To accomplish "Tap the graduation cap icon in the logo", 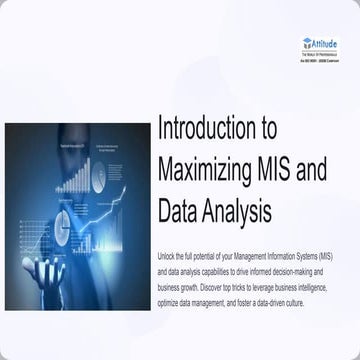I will pos(306,43).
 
